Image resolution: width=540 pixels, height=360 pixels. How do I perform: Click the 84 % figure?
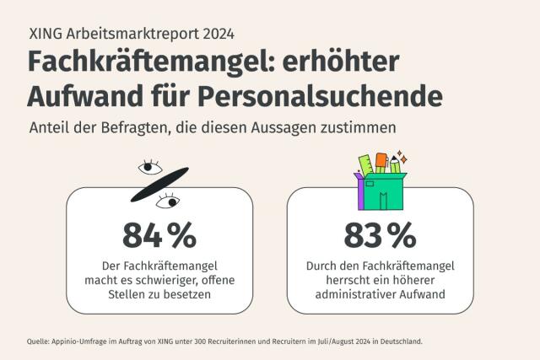click(x=159, y=234)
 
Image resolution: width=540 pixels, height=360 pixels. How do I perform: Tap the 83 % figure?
click(x=379, y=234)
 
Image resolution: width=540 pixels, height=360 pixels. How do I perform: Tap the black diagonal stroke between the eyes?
click(x=159, y=185)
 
